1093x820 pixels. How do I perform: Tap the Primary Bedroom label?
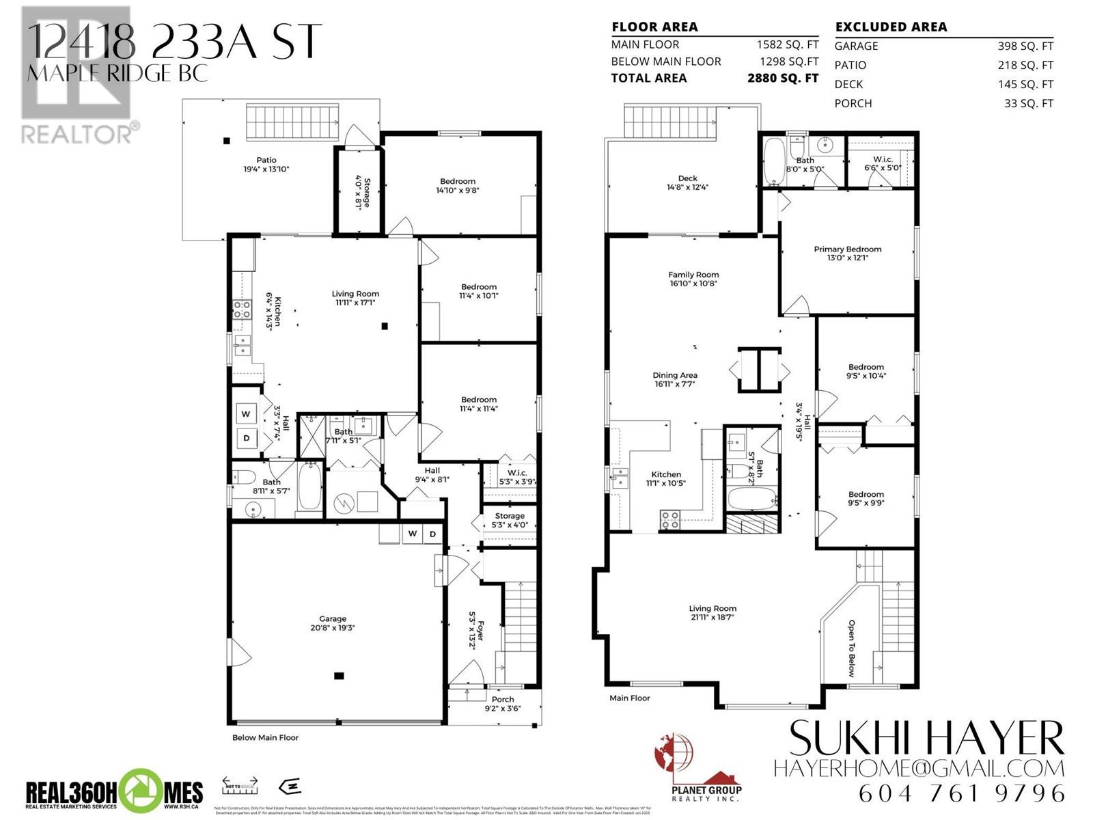click(x=847, y=254)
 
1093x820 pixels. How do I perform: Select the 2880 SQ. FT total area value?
click(x=783, y=78)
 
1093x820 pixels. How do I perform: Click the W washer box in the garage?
click(x=413, y=534)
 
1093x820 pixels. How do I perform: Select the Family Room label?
click(x=693, y=279)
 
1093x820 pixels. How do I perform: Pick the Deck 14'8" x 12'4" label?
click(x=688, y=182)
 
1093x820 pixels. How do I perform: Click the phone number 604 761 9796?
click(x=962, y=793)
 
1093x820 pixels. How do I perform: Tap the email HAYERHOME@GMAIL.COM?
click(x=919, y=768)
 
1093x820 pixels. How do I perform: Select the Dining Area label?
click(x=675, y=379)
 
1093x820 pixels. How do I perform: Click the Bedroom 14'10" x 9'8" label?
click(x=458, y=186)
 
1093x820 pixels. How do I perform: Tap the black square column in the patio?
click(x=226, y=141)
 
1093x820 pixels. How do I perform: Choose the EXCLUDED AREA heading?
click(x=891, y=27)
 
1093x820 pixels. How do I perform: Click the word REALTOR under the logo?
click(x=77, y=133)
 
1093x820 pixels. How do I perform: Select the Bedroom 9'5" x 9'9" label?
click(x=866, y=498)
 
